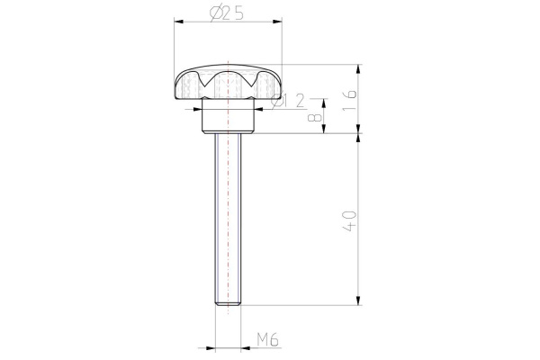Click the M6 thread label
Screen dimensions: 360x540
point(266,339)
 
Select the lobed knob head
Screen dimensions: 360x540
point(228,84)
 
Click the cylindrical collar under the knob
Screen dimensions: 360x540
point(228,116)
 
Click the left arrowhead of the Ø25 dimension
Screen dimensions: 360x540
point(176,22)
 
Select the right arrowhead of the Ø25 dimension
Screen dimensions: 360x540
point(280,22)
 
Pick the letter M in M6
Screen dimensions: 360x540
point(261,339)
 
